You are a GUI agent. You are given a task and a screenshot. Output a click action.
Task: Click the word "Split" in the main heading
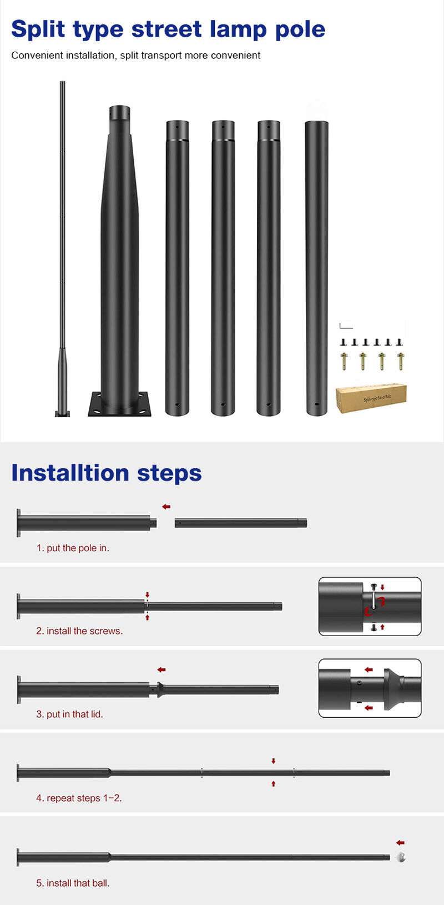[38, 29]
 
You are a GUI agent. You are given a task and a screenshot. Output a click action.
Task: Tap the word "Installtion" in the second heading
[70, 473]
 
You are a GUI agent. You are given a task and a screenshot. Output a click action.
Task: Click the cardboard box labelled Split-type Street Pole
[371, 398]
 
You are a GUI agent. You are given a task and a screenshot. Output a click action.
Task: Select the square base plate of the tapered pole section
[119, 404]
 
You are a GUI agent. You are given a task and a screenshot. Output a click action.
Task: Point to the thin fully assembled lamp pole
[62, 249]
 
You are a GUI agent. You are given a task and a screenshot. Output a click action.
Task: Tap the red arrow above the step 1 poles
[166, 506]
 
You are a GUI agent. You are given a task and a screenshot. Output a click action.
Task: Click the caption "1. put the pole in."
[73, 548]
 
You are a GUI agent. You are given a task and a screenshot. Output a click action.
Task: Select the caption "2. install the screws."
[79, 631]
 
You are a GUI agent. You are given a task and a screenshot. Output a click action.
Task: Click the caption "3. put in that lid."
[69, 714]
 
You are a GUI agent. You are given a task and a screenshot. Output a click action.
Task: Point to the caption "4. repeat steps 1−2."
[79, 798]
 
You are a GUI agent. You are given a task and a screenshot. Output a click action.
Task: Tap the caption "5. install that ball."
[73, 883]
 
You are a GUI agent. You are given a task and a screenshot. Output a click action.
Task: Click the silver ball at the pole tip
[401, 857]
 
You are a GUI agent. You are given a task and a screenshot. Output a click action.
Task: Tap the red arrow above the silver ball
[400, 842]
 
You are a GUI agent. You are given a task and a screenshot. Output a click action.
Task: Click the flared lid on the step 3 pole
[160, 689]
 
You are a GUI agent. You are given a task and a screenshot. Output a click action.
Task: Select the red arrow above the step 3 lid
[162, 669]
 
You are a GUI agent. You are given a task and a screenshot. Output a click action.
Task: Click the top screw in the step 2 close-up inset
[374, 586]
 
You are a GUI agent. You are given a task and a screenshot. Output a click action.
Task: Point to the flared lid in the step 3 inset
[393, 689]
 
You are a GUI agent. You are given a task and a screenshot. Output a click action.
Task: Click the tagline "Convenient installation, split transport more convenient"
[135, 56]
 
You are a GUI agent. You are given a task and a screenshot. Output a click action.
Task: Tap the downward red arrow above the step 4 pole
[273, 761]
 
